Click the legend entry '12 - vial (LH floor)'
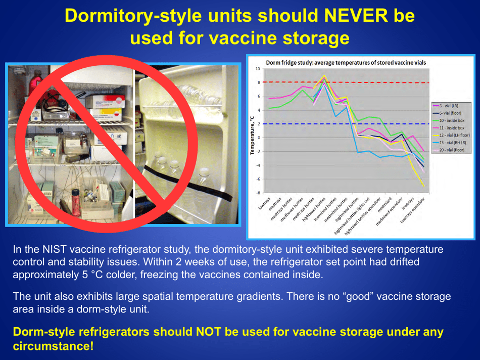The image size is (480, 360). click(451, 136)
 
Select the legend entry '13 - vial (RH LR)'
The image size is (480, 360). click(450, 143)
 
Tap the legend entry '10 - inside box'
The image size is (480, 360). click(449, 121)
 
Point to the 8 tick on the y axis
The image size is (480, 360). click(258, 82)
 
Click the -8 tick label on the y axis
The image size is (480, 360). click(258, 193)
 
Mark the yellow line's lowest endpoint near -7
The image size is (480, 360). click(423, 187)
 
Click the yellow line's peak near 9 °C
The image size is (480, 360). click(324, 76)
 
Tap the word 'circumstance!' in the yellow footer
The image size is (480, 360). click(53, 347)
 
